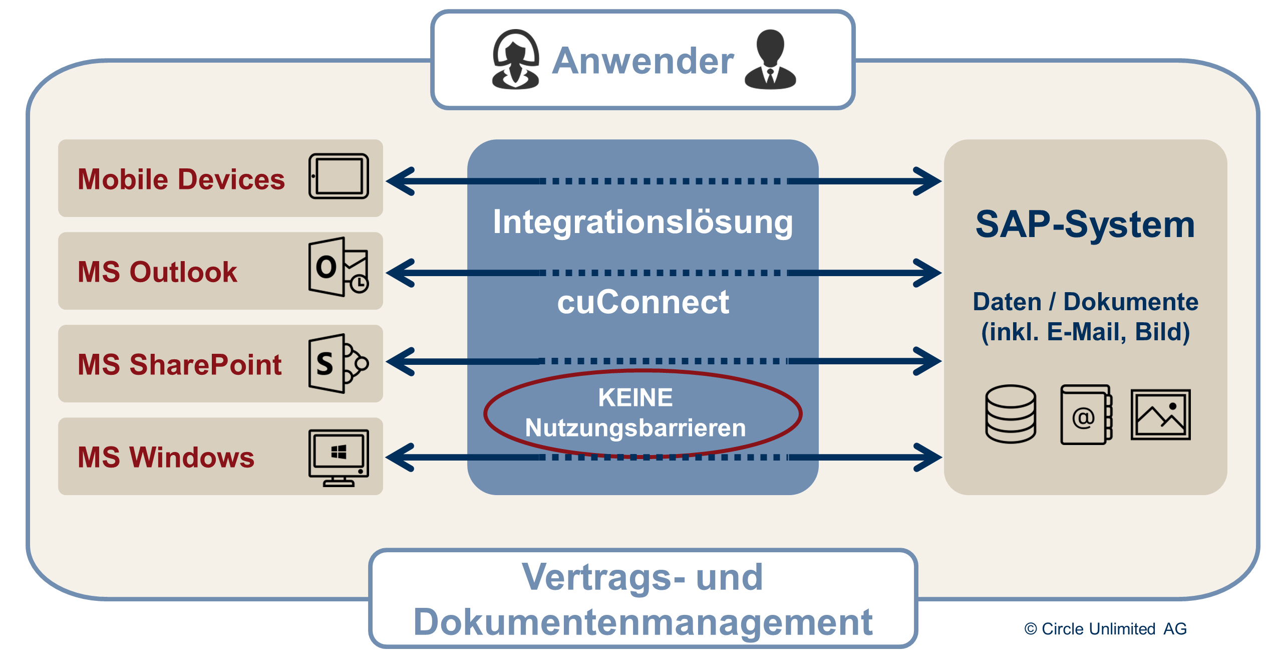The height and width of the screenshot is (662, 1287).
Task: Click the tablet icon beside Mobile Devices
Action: tap(339, 176)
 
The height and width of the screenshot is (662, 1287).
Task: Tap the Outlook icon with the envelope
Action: tap(339, 267)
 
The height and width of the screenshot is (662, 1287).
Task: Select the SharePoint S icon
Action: tap(339, 363)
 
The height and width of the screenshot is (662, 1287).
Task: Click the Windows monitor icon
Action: tap(339, 457)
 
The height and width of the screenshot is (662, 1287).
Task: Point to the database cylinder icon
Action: tap(1010, 414)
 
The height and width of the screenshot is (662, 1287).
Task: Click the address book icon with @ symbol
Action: tap(1086, 415)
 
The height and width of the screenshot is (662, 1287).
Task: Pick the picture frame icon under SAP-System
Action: tap(1160, 415)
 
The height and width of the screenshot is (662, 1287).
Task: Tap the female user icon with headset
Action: tap(515, 60)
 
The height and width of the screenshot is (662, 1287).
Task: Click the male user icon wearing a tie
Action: tap(770, 60)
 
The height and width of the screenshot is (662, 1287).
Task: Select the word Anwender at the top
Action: tap(643, 61)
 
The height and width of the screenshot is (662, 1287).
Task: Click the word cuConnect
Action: tap(643, 302)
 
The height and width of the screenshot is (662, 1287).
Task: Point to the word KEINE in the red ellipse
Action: tap(635, 398)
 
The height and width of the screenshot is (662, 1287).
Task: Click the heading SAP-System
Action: tap(1085, 225)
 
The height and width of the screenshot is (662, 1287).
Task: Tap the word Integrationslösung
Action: tap(643, 222)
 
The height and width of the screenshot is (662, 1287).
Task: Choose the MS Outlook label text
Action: tap(157, 272)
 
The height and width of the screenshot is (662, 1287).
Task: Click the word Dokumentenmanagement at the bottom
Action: tap(643, 622)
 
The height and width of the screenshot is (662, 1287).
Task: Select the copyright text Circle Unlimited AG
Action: tap(1106, 629)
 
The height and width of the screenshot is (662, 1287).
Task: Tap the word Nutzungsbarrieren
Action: tap(635, 428)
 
